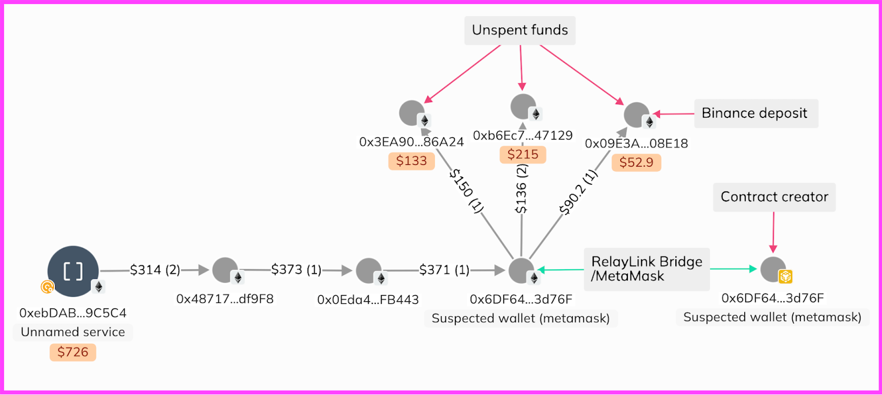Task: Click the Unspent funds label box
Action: [x=520, y=30]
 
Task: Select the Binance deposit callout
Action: [x=755, y=114]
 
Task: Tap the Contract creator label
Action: [x=774, y=197]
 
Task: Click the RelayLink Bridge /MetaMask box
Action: [x=647, y=269]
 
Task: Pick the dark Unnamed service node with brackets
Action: [x=73, y=271]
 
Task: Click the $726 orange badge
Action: [x=73, y=352]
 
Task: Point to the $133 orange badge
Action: [x=411, y=161]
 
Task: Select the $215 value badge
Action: [x=523, y=154]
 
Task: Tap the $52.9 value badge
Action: [x=636, y=163]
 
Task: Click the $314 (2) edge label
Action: [x=155, y=270]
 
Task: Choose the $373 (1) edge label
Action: [x=296, y=270]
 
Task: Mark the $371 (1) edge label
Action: [x=444, y=270]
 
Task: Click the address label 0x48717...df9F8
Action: [x=225, y=299]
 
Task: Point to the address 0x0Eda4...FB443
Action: [x=368, y=300]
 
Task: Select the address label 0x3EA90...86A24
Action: [x=411, y=142]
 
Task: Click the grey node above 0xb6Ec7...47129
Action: [x=523, y=106]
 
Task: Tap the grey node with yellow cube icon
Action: [x=773, y=269]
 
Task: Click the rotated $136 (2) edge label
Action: [x=521, y=189]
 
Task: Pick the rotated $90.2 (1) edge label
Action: [x=577, y=193]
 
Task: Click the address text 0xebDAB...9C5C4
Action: [x=73, y=313]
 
